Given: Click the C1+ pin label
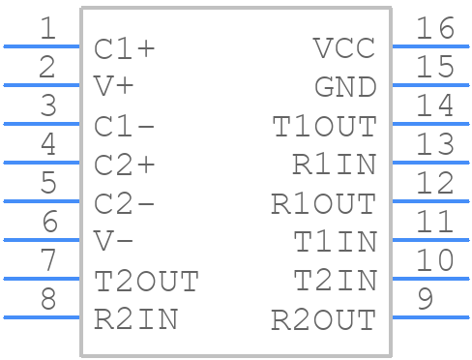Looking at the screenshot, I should pyautogui.click(x=125, y=48).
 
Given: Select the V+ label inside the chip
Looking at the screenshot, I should pyautogui.click(x=113, y=86).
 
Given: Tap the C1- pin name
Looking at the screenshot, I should pyautogui.click(x=125, y=126).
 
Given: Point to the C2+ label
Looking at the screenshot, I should pyautogui.click(x=125, y=165).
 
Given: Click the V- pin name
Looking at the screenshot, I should pyautogui.click(x=113, y=241).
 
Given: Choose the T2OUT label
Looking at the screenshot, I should pyautogui.click(x=146, y=281).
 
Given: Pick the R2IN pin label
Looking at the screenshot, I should pyautogui.click(x=135, y=318).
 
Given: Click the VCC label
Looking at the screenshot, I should pyautogui.click(x=345, y=48).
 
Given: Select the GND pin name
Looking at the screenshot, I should pyautogui.click(x=345, y=87).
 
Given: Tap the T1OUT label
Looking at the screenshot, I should pyautogui.click(x=324, y=126).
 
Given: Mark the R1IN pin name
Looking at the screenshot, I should pyautogui.click(x=335, y=165).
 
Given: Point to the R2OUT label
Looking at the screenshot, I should pyautogui.click(x=324, y=319).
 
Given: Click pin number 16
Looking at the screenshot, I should pyautogui.click(x=434, y=30).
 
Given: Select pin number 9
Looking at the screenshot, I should pyautogui.click(x=425, y=301).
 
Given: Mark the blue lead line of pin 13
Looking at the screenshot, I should pyautogui.click(x=430, y=162).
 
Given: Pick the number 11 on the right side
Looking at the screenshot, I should pyautogui.click(x=434, y=224).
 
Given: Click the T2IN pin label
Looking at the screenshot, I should pyautogui.click(x=335, y=281).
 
